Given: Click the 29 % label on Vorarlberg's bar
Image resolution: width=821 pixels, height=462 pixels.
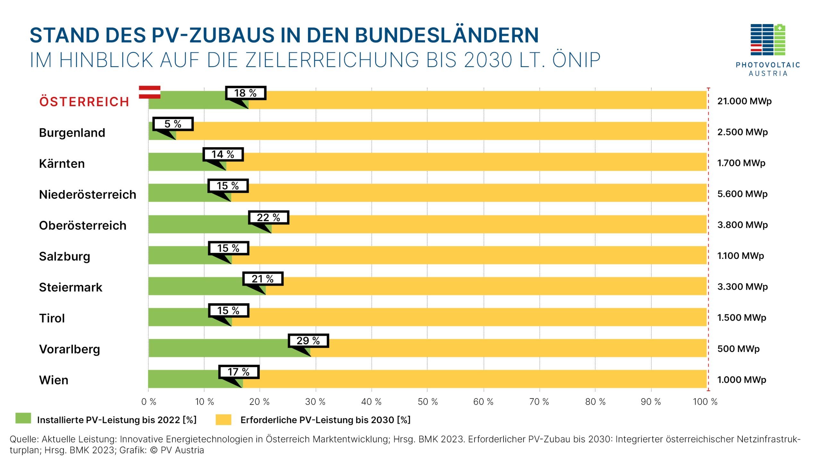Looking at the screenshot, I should (x=308, y=340).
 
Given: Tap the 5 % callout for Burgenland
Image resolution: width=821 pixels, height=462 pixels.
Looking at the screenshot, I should (x=173, y=124).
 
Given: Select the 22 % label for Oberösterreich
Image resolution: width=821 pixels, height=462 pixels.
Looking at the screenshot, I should (x=268, y=218).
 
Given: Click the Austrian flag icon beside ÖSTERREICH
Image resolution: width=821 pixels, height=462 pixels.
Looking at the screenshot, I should (x=149, y=92).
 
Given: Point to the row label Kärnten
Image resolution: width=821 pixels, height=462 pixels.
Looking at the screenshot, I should (x=62, y=164).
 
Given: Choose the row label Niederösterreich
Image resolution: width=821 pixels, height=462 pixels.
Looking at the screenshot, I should (x=88, y=194).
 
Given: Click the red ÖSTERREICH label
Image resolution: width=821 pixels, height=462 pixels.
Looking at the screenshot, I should (x=84, y=102).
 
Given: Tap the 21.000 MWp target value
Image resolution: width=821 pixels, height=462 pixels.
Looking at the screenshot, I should (x=744, y=101).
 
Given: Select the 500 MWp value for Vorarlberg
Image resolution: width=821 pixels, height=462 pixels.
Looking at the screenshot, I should (x=738, y=349).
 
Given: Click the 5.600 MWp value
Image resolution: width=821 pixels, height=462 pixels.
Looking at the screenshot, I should (x=742, y=194).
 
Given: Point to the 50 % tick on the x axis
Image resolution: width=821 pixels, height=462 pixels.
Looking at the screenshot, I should (x=427, y=402).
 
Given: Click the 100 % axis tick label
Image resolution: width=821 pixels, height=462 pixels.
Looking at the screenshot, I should (x=705, y=402).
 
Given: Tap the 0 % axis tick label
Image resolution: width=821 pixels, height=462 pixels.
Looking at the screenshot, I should (x=148, y=402).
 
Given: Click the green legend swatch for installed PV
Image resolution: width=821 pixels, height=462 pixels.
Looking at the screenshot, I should (x=23, y=418).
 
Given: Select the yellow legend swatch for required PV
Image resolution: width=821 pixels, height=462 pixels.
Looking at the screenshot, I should (x=223, y=420).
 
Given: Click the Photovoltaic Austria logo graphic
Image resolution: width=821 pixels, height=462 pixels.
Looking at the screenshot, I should (x=768, y=40).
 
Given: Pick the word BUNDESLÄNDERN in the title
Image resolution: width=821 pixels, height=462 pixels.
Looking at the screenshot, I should (x=446, y=35).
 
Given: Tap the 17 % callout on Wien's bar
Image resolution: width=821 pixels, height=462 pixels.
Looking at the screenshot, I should (x=239, y=372).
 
